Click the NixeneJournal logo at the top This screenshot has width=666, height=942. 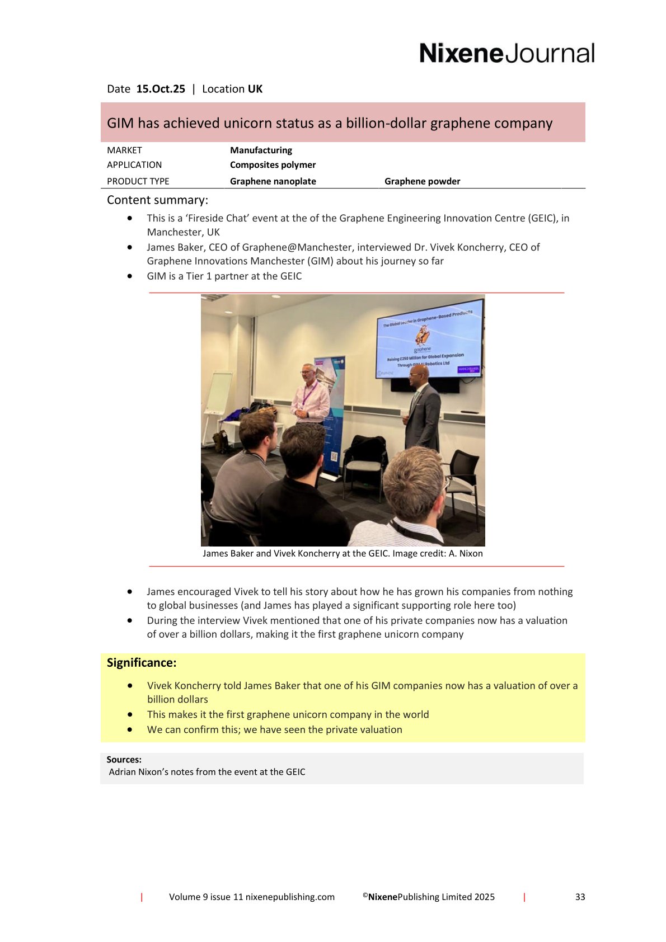(x=506, y=54)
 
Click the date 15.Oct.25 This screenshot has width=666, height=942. (x=161, y=89)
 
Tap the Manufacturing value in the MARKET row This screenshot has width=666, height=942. (x=261, y=150)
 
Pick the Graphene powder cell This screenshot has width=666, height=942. (x=422, y=181)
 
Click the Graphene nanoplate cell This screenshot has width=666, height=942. (x=273, y=181)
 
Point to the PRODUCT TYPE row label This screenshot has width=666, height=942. (x=138, y=181)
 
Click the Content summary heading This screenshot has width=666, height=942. (x=157, y=200)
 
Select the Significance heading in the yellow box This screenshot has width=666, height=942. (x=142, y=663)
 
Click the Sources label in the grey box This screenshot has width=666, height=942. (x=124, y=760)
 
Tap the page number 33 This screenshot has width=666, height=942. (x=580, y=897)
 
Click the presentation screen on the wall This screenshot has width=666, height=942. (x=429, y=344)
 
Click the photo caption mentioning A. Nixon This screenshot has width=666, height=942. (x=343, y=553)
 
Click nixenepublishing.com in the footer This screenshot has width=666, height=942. (x=290, y=897)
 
